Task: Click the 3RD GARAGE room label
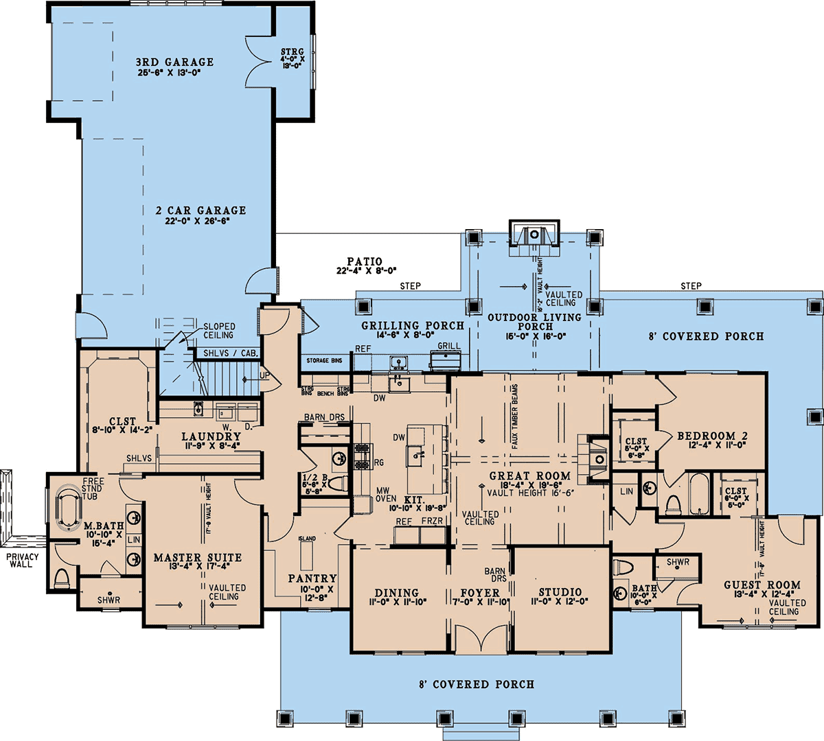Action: [x=174, y=62]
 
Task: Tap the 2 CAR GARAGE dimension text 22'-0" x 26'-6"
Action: [x=200, y=222]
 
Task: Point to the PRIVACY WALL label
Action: [x=21, y=560]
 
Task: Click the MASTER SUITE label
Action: [x=197, y=558]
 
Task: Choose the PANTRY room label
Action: [x=312, y=578]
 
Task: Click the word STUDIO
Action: [x=560, y=592]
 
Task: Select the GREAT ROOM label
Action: [x=529, y=475]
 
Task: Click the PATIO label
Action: [x=365, y=261]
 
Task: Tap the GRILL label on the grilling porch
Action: [x=449, y=346]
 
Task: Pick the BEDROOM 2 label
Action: [x=712, y=436]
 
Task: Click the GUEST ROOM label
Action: [x=762, y=585]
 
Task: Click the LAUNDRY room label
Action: [x=211, y=436]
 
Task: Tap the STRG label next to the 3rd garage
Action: [x=293, y=52]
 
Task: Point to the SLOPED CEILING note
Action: [x=218, y=331]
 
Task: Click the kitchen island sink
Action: [x=417, y=451]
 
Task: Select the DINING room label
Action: [x=397, y=593]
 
